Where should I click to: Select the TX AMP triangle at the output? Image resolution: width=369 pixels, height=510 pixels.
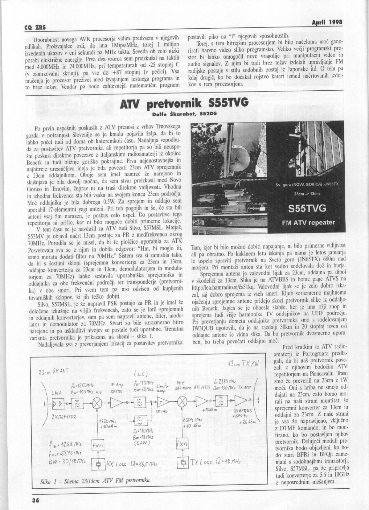(241, 402)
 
